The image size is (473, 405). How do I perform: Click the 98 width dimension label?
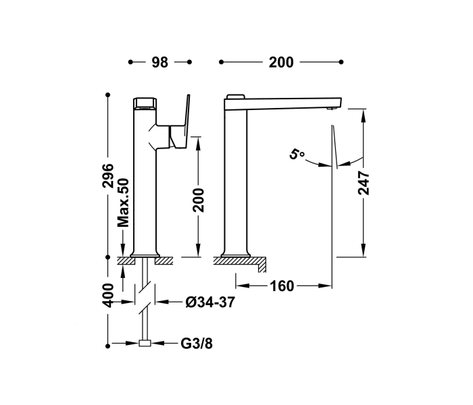coord(159,62)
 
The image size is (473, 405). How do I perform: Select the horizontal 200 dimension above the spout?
coord(281,62)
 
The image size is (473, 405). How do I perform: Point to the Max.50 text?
coord(123,202)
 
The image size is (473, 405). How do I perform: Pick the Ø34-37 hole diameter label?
coord(209,302)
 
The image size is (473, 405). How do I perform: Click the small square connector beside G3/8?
coord(144,344)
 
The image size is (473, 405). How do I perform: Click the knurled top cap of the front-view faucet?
coord(144,103)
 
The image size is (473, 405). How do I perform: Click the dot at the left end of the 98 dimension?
coord(130,62)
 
